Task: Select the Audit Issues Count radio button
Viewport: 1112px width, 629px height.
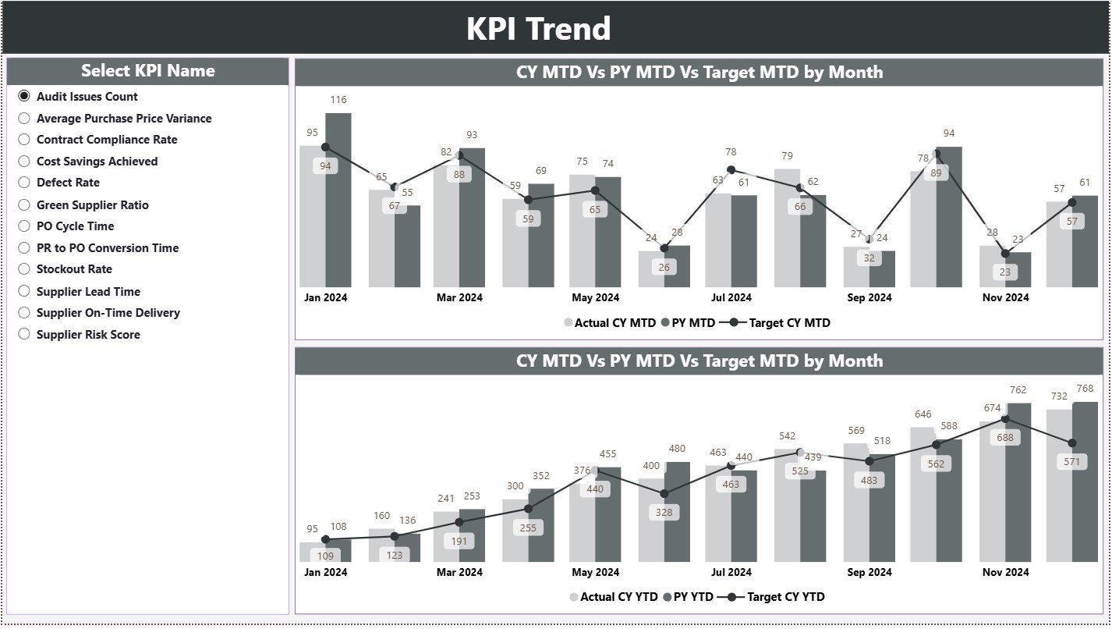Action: (x=24, y=96)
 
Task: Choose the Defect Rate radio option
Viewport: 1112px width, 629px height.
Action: (x=24, y=183)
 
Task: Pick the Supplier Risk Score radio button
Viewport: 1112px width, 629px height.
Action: (x=24, y=334)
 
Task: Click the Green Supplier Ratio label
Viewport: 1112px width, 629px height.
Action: (x=92, y=204)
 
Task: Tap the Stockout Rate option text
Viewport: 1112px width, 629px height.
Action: (x=74, y=269)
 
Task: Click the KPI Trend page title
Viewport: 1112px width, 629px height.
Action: (x=538, y=29)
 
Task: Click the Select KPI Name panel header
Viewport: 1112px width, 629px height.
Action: (x=147, y=71)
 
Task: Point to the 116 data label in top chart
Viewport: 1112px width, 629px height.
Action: (x=338, y=100)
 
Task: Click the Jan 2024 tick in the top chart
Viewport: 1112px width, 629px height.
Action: (x=325, y=297)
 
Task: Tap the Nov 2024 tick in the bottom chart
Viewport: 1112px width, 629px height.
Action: (x=1005, y=572)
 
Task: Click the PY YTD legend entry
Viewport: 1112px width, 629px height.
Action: (x=692, y=597)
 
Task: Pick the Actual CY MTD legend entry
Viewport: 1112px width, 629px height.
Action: (x=614, y=322)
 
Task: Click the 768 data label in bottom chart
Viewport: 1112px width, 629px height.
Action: (x=1085, y=389)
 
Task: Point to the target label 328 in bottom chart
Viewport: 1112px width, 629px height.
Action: (x=664, y=513)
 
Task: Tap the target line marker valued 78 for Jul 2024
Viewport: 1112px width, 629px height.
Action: (x=731, y=169)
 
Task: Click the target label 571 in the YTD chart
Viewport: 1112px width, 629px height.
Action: (x=1072, y=462)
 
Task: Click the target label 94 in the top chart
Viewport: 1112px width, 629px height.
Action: (x=325, y=166)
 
